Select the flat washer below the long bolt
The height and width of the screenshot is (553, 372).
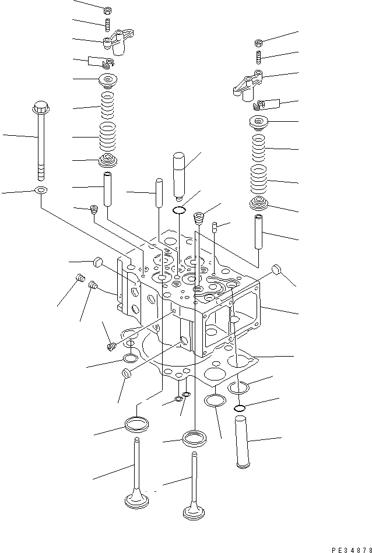coord(41,190)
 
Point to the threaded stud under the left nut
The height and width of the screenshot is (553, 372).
coord(107,25)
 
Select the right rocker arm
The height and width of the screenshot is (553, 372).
coord(248,82)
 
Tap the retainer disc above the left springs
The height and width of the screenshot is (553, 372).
coord(108,80)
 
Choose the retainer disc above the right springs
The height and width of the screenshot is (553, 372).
coord(259,122)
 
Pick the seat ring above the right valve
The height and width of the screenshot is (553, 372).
coord(194,438)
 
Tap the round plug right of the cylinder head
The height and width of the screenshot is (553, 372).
coord(278,271)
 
